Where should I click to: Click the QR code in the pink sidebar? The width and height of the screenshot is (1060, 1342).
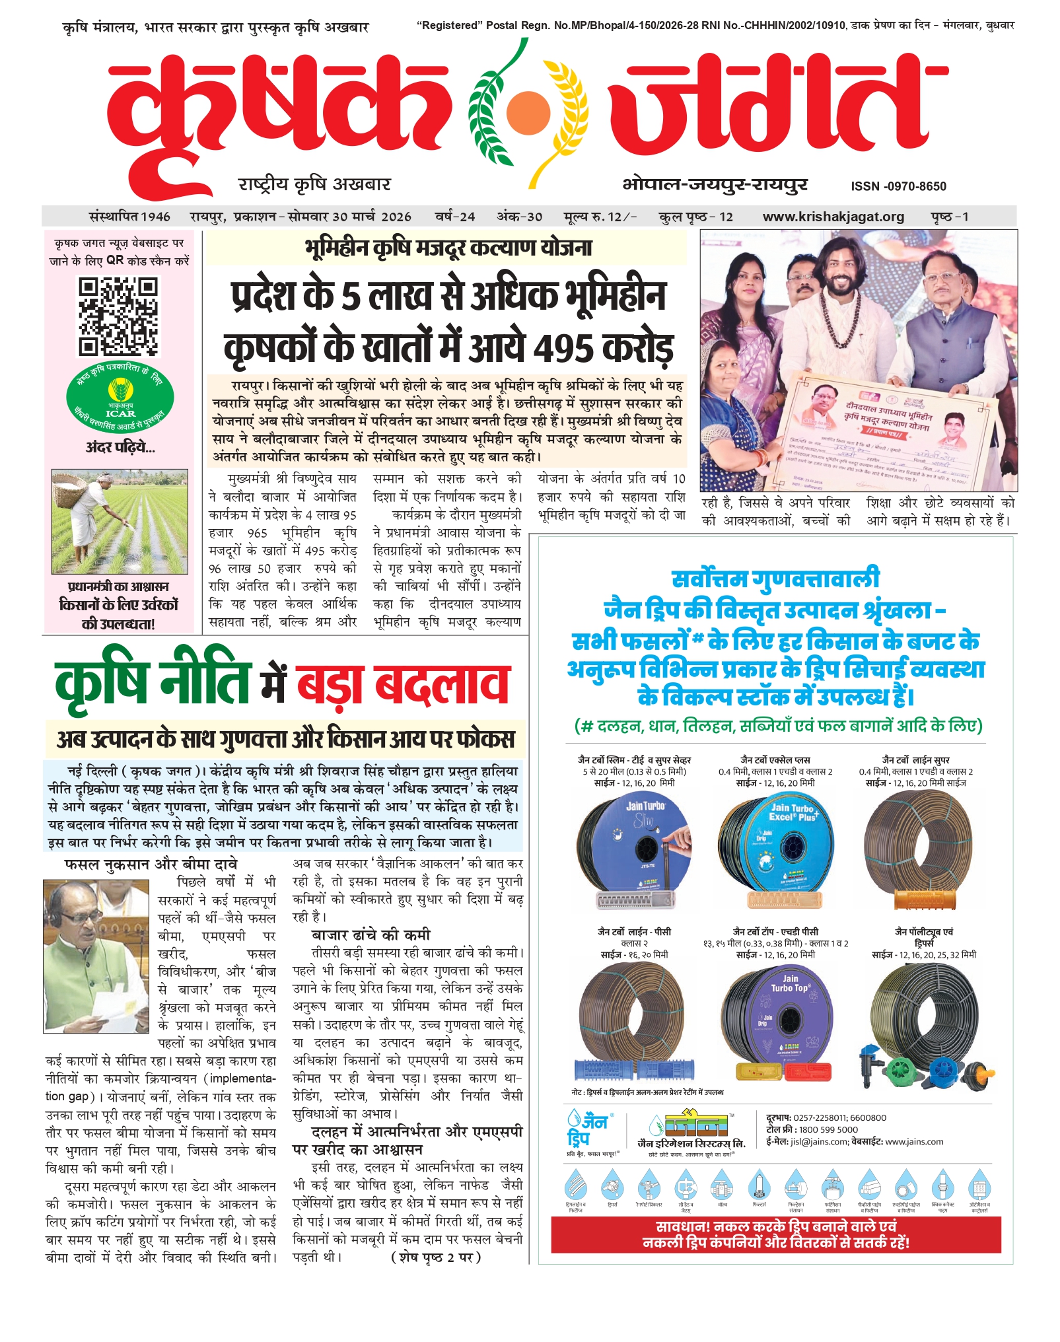tap(119, 316)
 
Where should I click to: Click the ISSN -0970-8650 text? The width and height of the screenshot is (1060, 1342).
tap(898, 186)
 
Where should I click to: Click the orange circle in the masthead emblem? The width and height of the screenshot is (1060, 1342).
tap(526, 108)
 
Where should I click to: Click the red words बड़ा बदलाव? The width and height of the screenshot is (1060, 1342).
tap(403, 684)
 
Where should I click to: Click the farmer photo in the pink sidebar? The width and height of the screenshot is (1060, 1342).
tap(120, 521)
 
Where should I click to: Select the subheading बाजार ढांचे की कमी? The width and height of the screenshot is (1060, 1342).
tap(371, 935)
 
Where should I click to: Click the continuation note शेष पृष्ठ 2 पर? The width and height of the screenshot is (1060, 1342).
tap(436, 1257)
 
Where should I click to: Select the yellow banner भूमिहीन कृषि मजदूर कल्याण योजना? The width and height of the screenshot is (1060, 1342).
tap(447, 248)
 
